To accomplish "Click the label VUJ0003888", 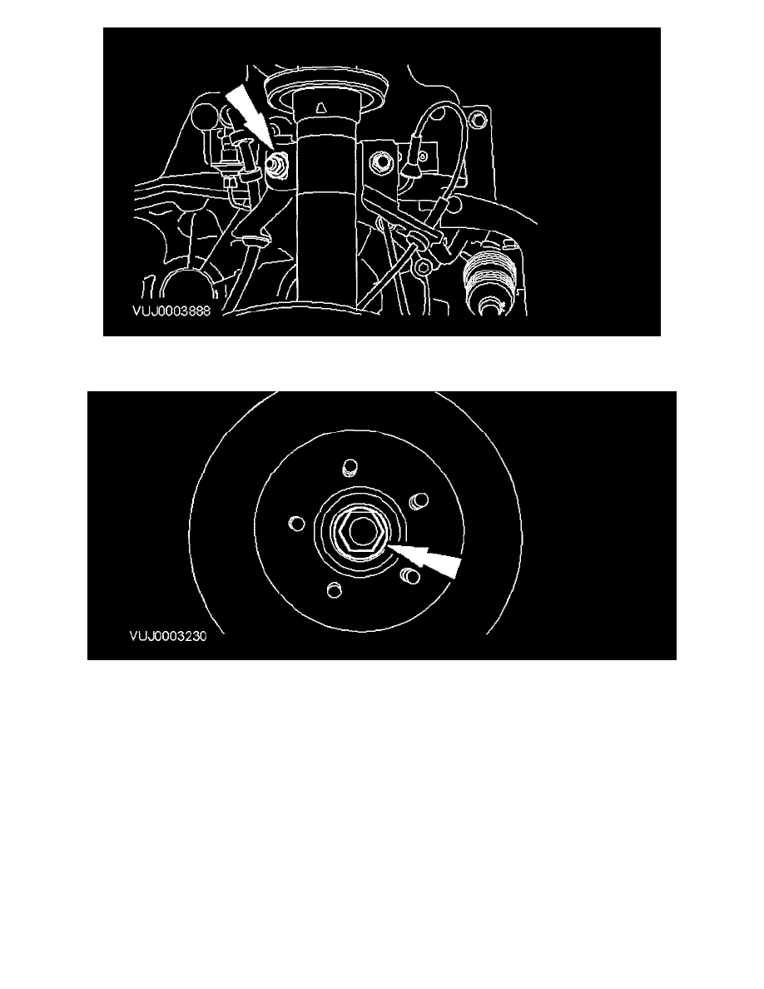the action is pyautogui.click(x=171, y=311).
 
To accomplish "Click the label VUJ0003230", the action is pyautogui.click(x=168, y=636).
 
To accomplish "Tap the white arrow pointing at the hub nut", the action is pyautogui.click(x=424, y=558).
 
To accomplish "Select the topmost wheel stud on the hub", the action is pyautogui.click(x=350, y=468).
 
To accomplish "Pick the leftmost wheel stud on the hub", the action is pyautogui.click(x=296, y=523).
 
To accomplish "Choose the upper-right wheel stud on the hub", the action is pyautogui.click(x=419, y=501).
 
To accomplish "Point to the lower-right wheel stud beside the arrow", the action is pyautogui.click(x=410, y=574).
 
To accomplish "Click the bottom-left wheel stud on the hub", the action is pyautogui.click(x=334, y=589).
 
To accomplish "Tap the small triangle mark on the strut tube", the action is pyautogui.click(x=321, y=108).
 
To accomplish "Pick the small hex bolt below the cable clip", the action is pyautogui.click(x=424, y=267).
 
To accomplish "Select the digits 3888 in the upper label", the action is pyautogui.click(x=196, y=311).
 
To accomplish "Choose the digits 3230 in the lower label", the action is pyautogui.click(x=192, y=636).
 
